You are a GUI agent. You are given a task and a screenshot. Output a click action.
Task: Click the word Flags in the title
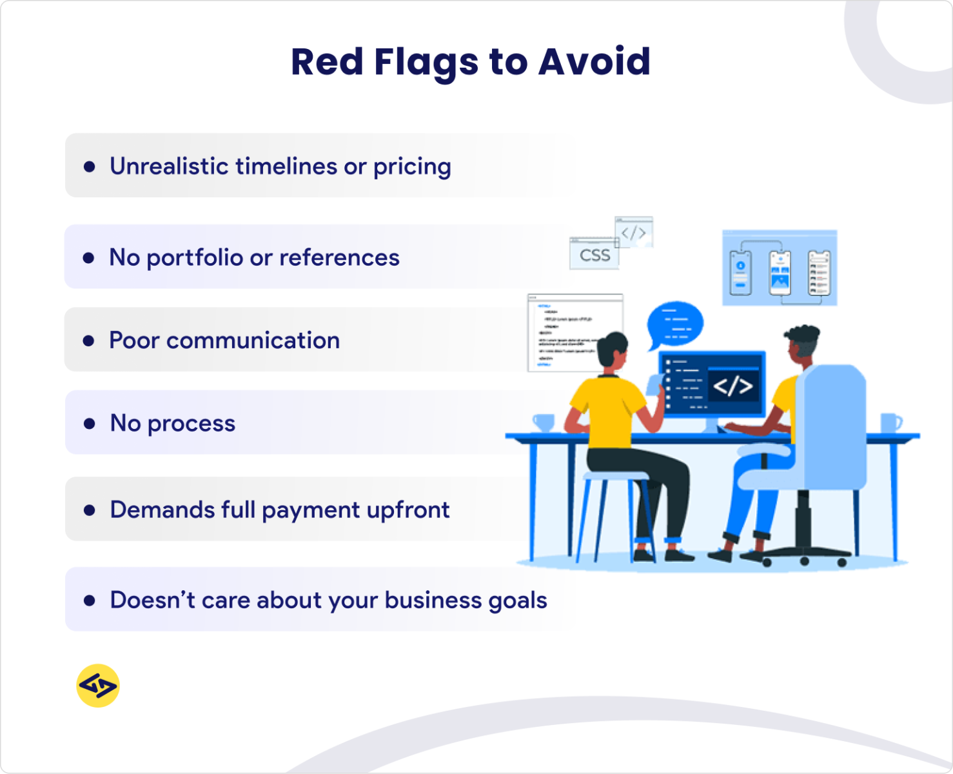426,62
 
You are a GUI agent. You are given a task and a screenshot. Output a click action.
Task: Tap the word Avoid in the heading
594,62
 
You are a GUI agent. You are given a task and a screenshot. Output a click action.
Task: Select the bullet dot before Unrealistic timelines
90,167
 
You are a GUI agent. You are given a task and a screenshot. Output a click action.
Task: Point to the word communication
253,341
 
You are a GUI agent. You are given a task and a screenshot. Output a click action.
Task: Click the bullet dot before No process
90,424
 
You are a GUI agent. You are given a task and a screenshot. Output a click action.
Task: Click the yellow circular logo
98,686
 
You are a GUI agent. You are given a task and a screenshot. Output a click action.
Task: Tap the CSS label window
594,255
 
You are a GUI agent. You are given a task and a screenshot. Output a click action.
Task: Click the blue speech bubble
674,324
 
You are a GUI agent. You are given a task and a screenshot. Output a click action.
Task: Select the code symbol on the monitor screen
732,386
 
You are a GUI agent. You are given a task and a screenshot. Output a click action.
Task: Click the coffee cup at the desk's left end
544,422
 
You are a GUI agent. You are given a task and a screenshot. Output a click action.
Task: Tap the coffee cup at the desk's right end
890,422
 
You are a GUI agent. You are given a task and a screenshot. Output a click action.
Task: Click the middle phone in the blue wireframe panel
780,272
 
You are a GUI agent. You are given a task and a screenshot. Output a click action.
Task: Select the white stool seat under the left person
616,476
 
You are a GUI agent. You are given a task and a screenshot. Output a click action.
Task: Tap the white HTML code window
567,332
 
